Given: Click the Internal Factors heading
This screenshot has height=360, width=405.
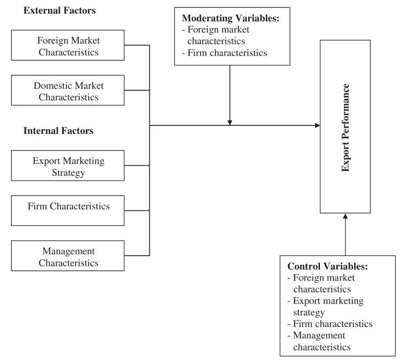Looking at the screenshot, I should pos(58,131).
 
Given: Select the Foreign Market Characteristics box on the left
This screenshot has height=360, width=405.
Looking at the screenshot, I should pos(68,46).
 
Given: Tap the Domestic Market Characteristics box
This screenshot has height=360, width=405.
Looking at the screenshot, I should pos(68,91).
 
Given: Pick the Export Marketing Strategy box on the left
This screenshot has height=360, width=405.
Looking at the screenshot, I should pos(68,166).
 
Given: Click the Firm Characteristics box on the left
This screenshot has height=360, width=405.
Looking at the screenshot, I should pos(68,207).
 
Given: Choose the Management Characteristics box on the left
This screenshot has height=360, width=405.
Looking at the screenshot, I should pos(68,257).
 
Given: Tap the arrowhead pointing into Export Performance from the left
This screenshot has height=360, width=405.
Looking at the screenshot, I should pos(317,126).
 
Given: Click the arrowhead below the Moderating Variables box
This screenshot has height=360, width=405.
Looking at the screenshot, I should pos(230,122).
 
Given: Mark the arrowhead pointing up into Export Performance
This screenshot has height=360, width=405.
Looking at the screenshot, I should pos(346,216).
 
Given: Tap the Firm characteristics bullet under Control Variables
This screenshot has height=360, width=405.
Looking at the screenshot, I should pos(330,324).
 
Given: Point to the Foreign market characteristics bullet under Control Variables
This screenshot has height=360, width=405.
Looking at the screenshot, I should pos(322,283).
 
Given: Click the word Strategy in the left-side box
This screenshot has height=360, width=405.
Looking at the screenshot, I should pos(68,173).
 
